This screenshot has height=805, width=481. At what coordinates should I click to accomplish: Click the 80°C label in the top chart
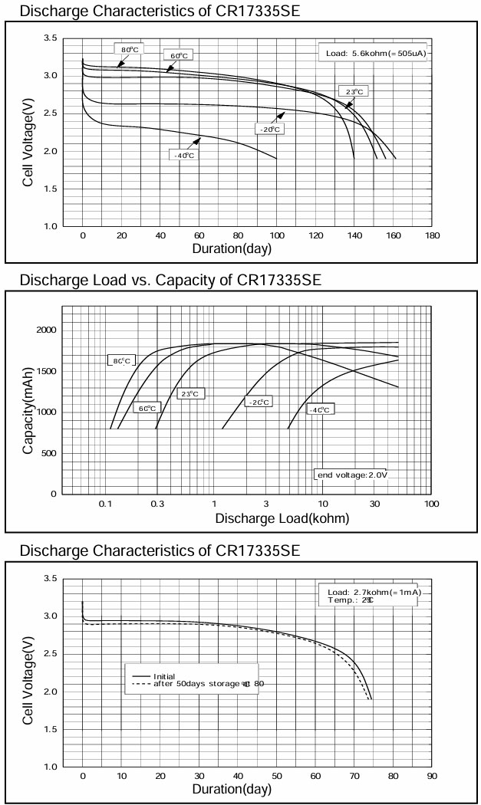click(x=129, y=50)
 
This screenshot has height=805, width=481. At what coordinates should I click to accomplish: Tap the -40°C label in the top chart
click(x=182, y=155)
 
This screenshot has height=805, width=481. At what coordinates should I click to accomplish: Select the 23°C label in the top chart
click(x=354, y=92)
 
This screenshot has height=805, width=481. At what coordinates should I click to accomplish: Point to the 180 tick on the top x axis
click(x=432, y=236)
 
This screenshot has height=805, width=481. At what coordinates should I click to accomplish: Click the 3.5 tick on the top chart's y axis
click(x=50, y=38)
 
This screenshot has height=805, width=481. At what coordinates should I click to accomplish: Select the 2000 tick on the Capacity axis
click(x=45, y=330)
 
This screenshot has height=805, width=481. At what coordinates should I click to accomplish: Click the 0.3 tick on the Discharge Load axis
click(x=157, y=504)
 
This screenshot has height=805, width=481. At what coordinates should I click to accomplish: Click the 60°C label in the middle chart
click(x=147, y=408)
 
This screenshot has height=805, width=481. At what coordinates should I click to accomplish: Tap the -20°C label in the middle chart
click(x=258, y=402)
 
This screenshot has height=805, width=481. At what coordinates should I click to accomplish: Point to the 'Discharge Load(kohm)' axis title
click(x=282, y=518)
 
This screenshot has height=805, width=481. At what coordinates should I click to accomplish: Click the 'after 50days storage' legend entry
click(x=203, y=683)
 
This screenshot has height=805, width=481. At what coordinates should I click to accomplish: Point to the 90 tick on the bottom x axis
click(x=432, y=776)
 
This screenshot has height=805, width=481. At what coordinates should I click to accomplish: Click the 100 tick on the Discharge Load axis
click(x=432, y=504)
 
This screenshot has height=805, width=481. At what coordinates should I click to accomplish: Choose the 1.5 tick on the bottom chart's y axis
click(x=50, y=730)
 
